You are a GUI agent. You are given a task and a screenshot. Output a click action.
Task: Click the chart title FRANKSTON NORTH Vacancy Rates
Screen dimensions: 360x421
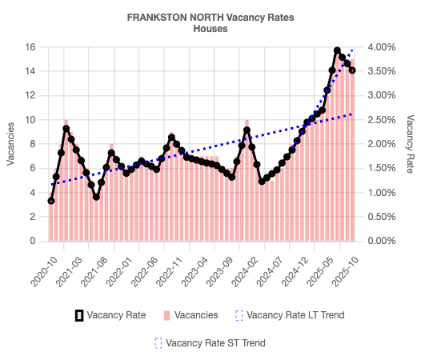[x=210, y=17]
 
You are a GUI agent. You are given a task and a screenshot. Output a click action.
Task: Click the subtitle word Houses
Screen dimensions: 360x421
[x=210, y=28]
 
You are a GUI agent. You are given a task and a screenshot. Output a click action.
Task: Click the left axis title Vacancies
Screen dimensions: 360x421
[x=10, y=144]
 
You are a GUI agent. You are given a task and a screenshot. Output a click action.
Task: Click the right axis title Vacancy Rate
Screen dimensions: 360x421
[x=410, y=144]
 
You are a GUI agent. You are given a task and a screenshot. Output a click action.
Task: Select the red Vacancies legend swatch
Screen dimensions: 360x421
[x=166, y=315]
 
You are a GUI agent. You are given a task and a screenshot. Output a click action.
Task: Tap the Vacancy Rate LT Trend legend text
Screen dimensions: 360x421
[x=296, y=315]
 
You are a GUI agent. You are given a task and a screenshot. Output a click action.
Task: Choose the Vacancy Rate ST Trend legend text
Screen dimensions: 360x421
[x=215, y=342]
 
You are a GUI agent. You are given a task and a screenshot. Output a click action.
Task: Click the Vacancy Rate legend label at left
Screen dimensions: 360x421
[x=117, y=315]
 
